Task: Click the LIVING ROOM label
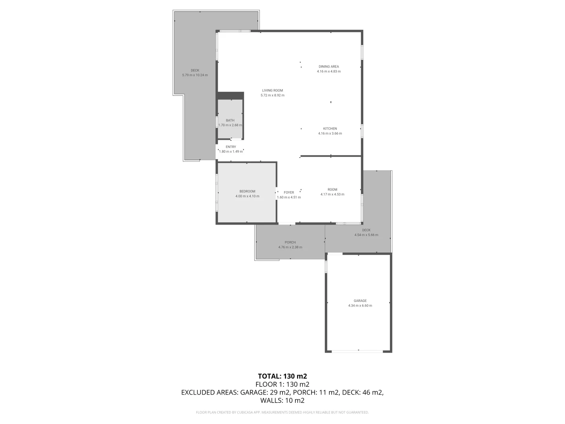tap(272, 90)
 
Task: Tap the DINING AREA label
tap(328, 66)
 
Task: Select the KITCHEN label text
tap(330, 128)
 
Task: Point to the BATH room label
tap(230, 121)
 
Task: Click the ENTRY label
tap(231, 147)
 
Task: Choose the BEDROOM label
tap(247, 191)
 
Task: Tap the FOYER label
tap(289, 192)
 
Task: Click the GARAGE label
tap(360, 301)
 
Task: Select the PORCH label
tap(290, 242)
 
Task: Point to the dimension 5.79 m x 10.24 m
tap(195, 75)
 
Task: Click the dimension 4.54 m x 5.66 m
tap(366, 235)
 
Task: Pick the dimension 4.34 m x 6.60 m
tap(360, 305)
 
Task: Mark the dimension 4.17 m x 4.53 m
tap(332, 194)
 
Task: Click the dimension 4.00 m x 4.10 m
tap(247, 196)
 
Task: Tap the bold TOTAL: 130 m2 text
tap(282, 376)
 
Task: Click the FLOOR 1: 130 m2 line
tap(282, 384)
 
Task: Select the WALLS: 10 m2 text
tap(282, 400)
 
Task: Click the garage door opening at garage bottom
tap(358, 351)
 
